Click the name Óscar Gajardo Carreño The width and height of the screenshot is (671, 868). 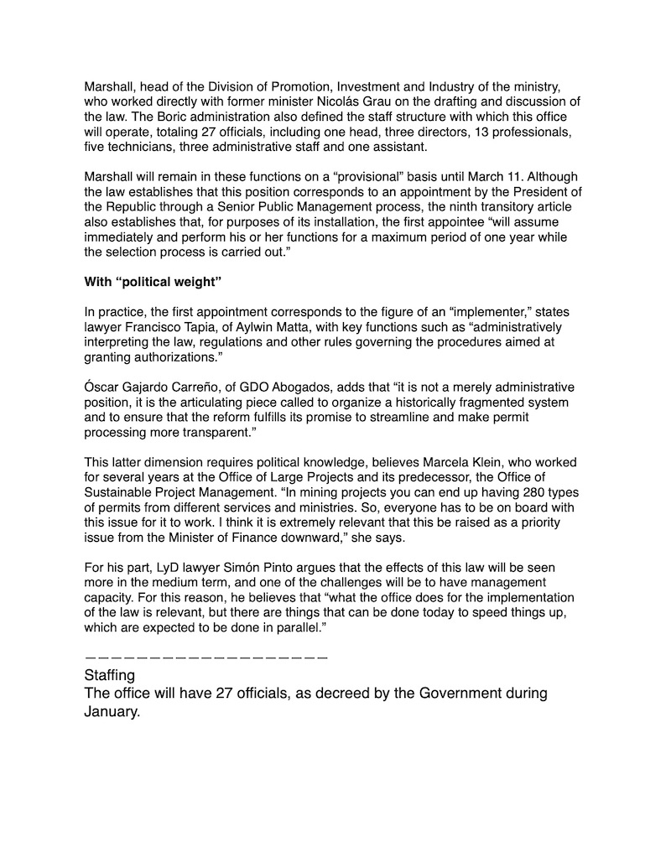point(159,387)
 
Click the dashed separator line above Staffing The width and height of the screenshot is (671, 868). point(205,657)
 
